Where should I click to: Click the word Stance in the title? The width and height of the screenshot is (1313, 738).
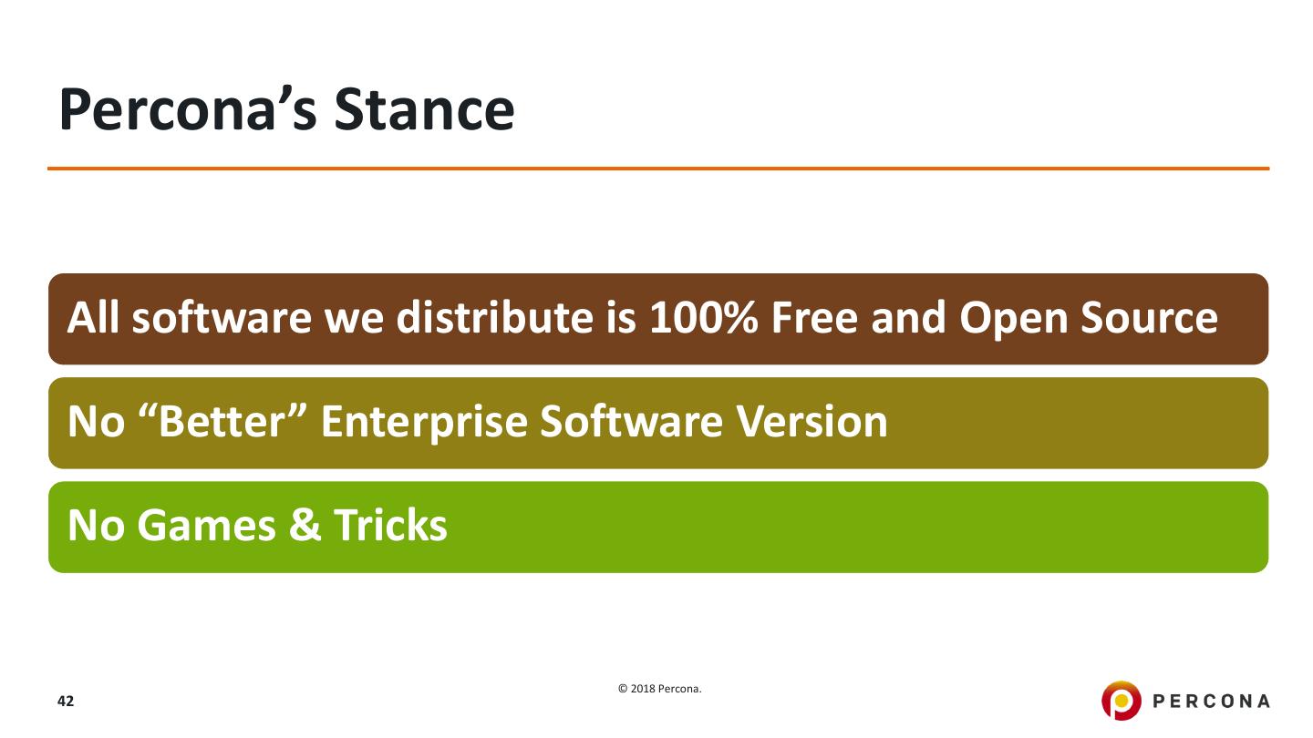424,110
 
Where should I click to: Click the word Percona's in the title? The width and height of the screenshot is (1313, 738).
188,110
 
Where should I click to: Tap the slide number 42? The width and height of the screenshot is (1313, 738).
66,702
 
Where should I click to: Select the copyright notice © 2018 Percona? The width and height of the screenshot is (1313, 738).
659,689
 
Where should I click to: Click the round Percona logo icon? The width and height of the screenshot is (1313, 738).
1121,701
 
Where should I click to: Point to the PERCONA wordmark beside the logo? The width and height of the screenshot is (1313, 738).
1211,702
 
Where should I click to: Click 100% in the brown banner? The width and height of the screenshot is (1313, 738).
703,318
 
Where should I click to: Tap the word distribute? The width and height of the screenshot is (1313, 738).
495,318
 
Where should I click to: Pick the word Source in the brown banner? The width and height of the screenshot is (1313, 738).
1149,318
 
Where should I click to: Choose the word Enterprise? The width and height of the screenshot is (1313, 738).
424,423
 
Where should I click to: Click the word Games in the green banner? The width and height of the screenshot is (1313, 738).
206,526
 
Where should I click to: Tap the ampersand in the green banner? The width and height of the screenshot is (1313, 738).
305,526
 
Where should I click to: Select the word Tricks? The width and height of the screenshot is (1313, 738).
390,526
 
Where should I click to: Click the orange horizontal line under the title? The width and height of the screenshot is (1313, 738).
658,169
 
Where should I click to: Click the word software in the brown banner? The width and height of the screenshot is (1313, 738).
222,318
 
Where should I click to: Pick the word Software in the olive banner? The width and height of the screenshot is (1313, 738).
631,422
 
